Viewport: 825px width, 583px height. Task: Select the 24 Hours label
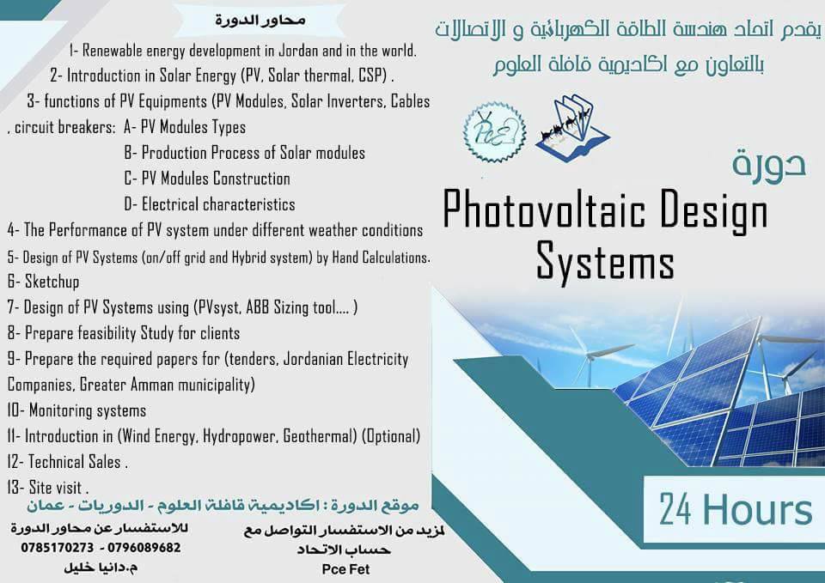[x=736, y=509]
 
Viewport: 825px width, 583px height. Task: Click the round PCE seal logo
[x=495, y=132]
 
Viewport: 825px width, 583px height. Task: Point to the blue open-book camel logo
[x=572, y=128]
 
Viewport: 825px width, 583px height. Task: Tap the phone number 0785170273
[x=58, y=548]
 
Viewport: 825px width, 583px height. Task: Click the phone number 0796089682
[x=144, y=548]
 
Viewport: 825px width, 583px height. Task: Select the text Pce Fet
[x=345, y=569]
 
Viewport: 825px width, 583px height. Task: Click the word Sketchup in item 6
[x=52, y=282]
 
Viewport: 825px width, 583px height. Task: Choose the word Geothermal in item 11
[x=320, y=436]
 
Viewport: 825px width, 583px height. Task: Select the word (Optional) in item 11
[x=391, y=436]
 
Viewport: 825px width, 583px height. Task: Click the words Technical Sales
[x=74, y=462]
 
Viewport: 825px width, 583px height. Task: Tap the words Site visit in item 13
[x=55, y=488]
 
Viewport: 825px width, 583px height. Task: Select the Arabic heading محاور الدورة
[x=260, y=21]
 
